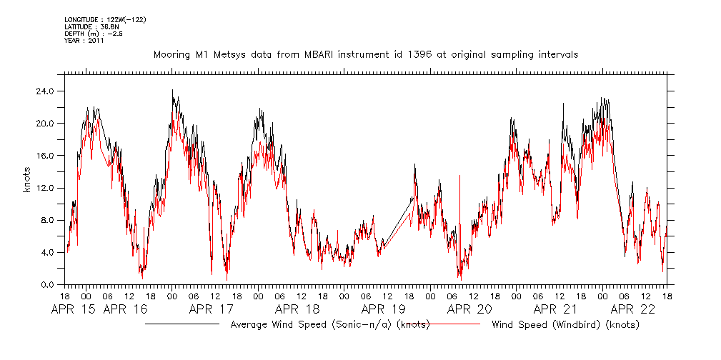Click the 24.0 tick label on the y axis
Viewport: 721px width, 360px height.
pyautogui.click(x=45, y=91)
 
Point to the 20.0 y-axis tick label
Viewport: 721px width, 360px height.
pyautogui.click(x=45, y=123)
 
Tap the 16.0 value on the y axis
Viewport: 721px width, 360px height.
pyautogui.click(x=45, y=155)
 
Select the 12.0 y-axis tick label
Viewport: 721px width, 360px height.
pyautogui.click(x=45, y=188)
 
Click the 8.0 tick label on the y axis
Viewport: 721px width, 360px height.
pyautogui.click(x=47, y=220)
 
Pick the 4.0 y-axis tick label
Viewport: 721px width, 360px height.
pyautogui.click(x=47, y=252)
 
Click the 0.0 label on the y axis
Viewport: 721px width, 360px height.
pyautogui.click(x=47, y=284)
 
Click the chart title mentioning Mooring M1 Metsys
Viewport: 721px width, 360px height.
pyautogui.click(x=365, y=54)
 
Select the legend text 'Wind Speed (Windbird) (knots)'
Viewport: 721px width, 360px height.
pyautogui.click(x=565, y=325)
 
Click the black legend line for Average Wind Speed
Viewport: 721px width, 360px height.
pyautogui.click(x=182, y=324)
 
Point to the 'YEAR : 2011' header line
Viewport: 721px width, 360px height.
pyautogui.click(x=84, y=41)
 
